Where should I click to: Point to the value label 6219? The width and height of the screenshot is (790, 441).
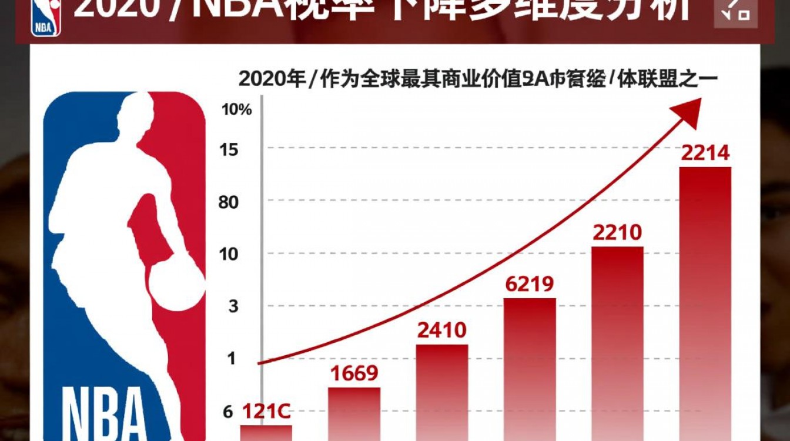pos(530,285)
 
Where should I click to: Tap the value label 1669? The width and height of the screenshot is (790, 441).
pos(354,373)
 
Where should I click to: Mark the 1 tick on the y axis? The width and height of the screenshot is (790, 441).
pos(230,358)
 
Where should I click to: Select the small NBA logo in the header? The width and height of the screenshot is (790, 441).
pos(46,16)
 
